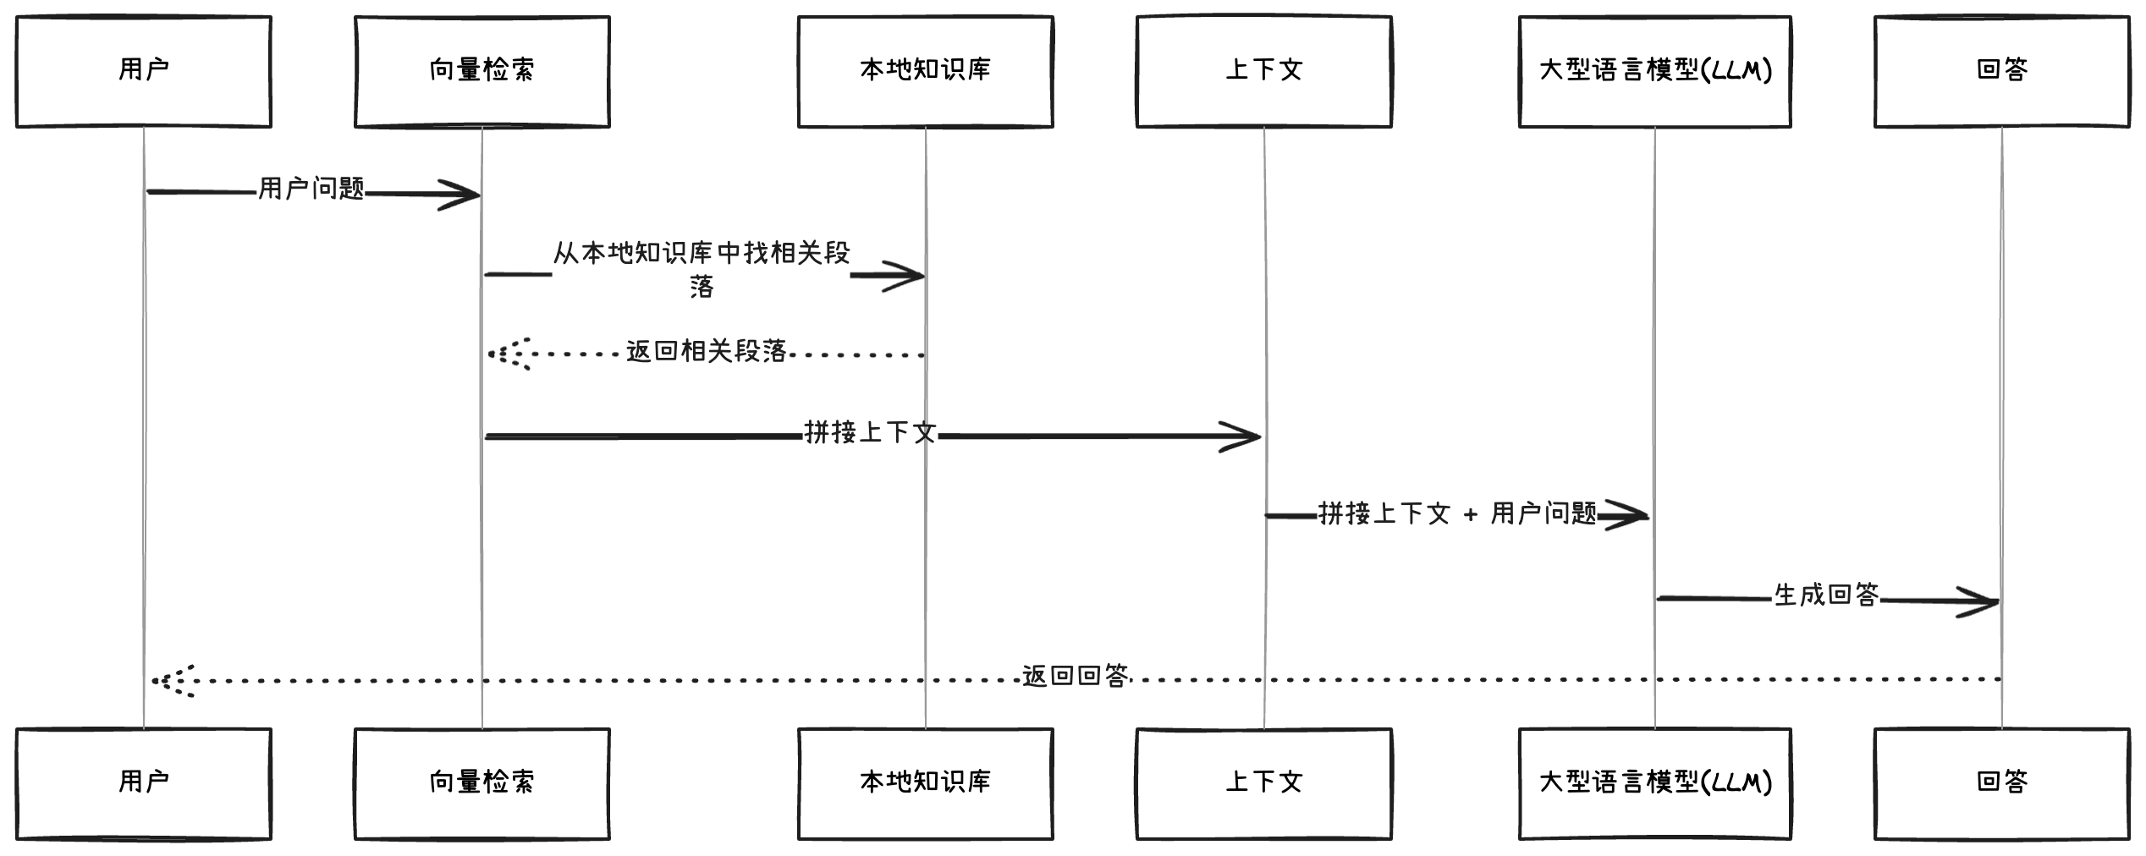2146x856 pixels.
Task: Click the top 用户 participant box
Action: coord(143,71)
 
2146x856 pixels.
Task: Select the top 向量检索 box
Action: coord(481,71)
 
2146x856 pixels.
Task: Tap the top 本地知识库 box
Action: coord(925,71)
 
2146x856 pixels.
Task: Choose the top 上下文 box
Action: coord(1263,71)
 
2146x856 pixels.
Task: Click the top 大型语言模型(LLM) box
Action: coord(1654,71)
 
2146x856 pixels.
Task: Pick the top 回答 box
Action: coord(2001,71)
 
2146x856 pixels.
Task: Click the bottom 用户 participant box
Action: coord(143,783)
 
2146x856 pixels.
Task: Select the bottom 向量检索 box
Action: coord(481,783)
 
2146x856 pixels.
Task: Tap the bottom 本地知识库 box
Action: coord(925,783)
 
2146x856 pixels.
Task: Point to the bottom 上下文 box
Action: coord(1263,783)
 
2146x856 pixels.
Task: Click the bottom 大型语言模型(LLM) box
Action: coord(1654,783)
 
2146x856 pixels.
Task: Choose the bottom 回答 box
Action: coord(2001,783)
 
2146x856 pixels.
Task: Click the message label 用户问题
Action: coord(311,189)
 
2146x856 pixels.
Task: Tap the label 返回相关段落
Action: coord(706,351)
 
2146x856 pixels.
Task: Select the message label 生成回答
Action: coord(1825,595)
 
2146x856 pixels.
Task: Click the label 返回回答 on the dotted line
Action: coord(1075,676)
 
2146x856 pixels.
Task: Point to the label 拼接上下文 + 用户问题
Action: coord(1456,513)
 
